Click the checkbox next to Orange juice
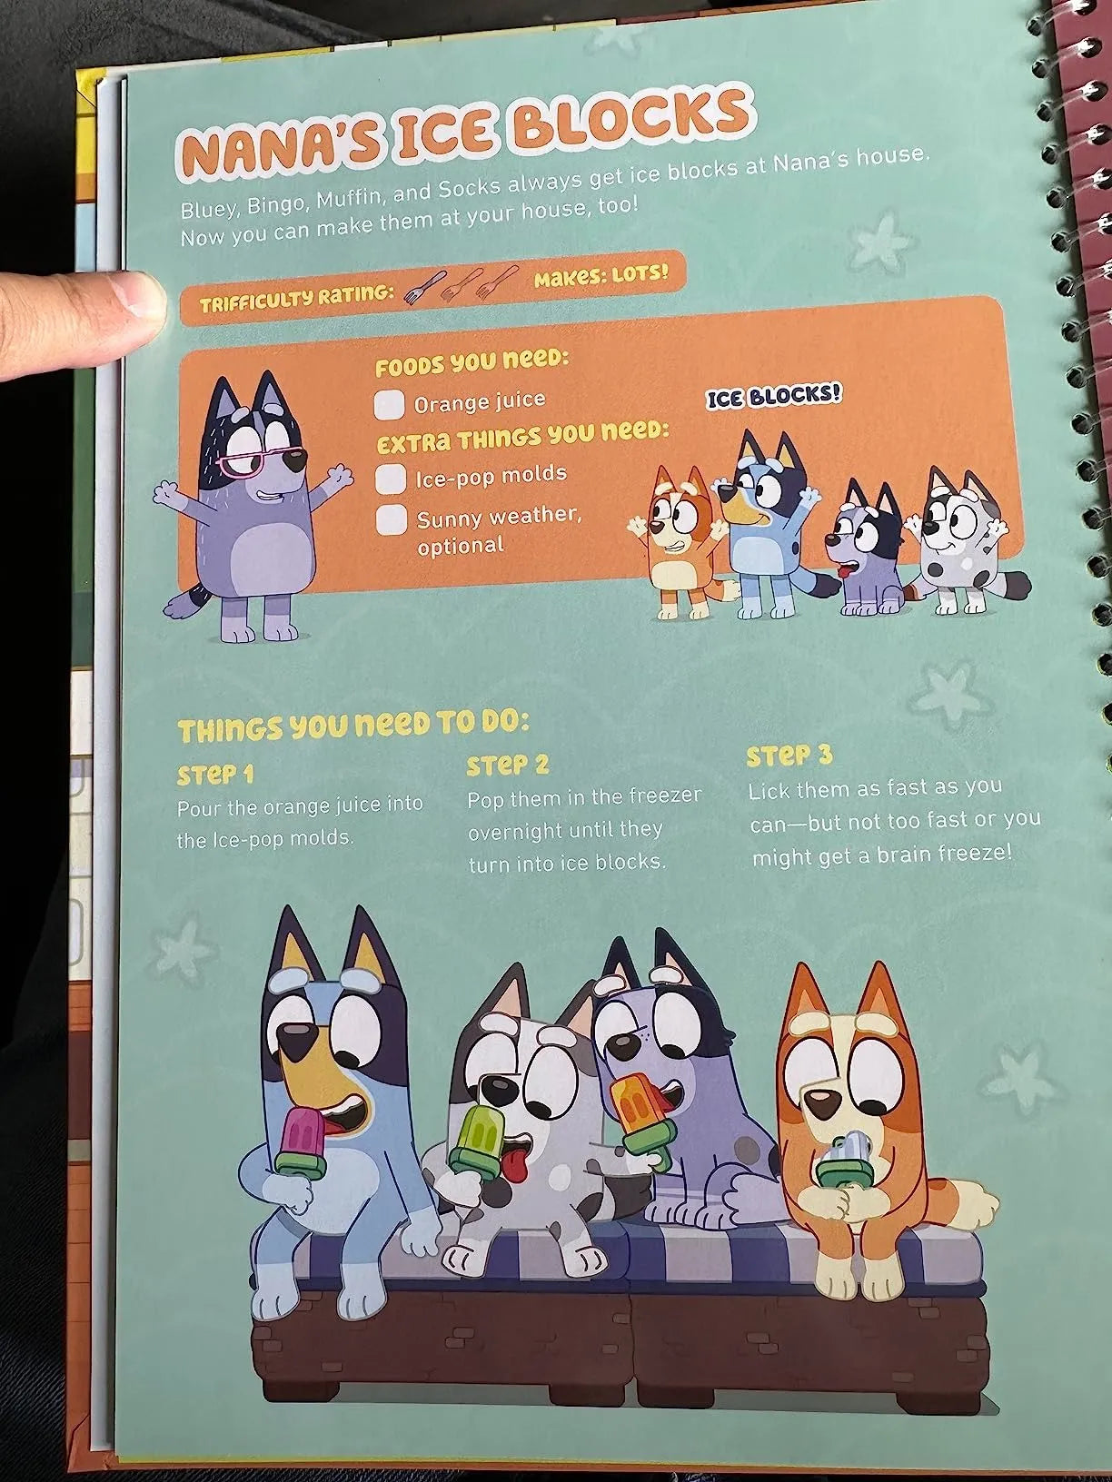(389, 404)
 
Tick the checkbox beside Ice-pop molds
(392, 478)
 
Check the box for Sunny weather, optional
(391, 520)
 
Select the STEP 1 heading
(215, 775)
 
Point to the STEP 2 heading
(508, 765)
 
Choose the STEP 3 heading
(789, 756)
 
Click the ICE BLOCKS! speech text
(774, 396)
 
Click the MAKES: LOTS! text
(601, 275)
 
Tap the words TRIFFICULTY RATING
(296, 298)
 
